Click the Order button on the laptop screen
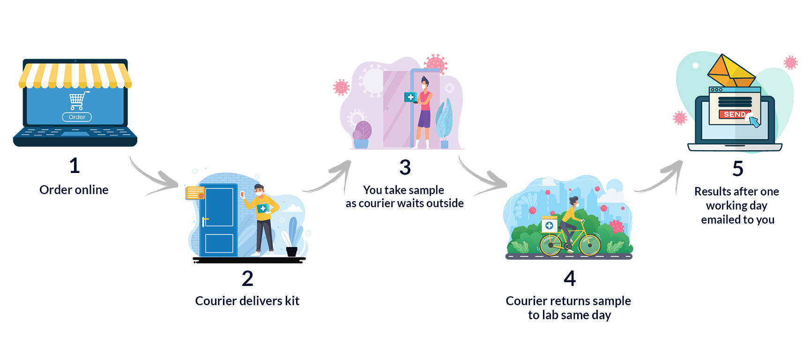[77, 117]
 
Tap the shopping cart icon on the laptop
[77, 100]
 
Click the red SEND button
[734, 114]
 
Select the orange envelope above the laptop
[730, 71]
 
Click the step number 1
[74, 165]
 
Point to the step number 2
[247, 278]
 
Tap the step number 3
[405, 167]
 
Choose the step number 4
[569, 278]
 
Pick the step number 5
[737, 169]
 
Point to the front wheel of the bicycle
[589, 244]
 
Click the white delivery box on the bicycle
[549, 225]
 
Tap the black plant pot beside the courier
[291, 252]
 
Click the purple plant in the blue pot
[362, 130]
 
